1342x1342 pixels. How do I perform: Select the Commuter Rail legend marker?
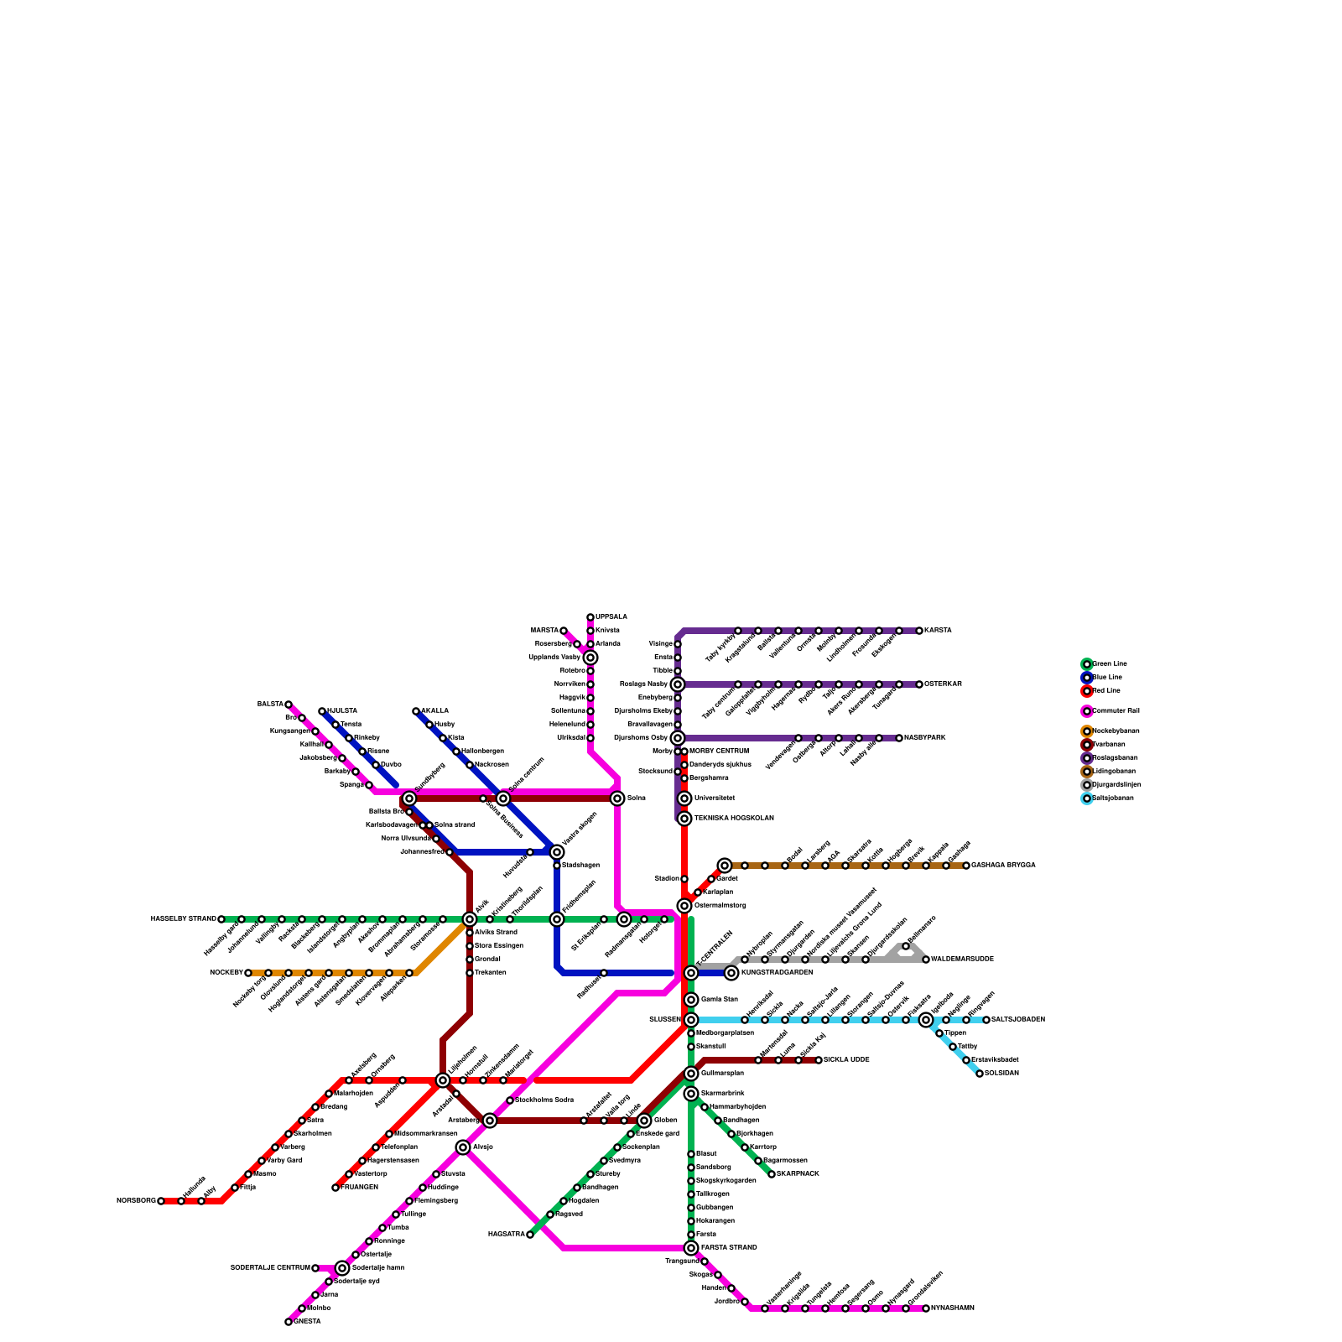pos(1087,711)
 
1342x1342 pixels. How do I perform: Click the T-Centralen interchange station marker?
pos(691,973)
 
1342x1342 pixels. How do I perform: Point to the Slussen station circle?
pos(691,1020)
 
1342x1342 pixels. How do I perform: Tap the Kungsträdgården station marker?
pos(731,973)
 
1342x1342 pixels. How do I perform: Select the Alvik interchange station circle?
pos(470,919)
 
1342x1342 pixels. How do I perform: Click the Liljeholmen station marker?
pos(443,1080)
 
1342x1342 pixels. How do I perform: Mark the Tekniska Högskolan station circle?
pos(684,819)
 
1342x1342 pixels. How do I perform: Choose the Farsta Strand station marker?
pos(691,1248)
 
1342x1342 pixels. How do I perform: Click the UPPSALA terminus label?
pos(611,617)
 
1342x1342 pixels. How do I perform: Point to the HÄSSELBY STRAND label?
pos(184,919)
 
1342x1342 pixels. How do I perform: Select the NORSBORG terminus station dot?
pos(161,1201)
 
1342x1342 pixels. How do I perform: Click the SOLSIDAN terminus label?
pos(1001,1074)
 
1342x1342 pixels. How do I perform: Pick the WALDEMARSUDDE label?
pos(962,960)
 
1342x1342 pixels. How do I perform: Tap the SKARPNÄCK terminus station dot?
pos(772,1174)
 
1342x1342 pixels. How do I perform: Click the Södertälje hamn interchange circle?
pos(342,1268)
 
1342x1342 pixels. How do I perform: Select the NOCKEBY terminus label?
pos(226,973)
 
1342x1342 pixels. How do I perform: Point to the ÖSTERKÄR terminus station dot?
pos(919,684)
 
